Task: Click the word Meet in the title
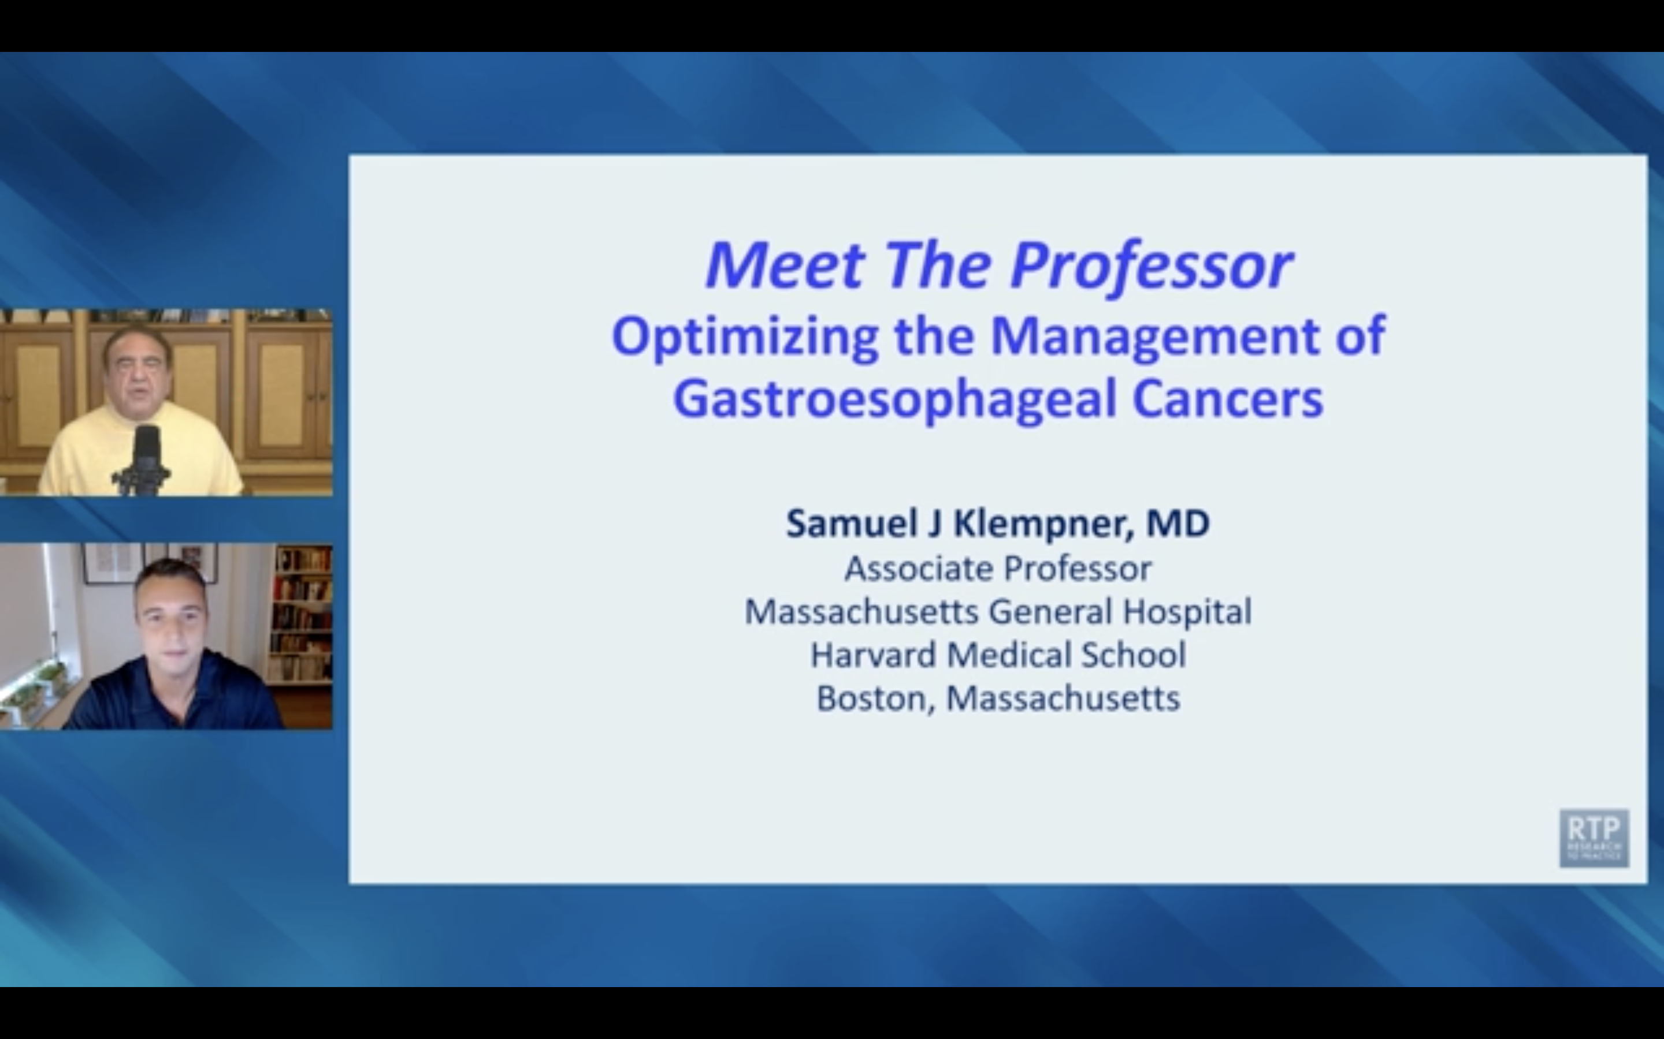point(784,266)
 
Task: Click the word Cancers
point(1227,398)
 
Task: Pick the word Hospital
point(1187,612)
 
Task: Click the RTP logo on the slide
point(1593,838)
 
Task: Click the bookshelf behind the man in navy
point(300,612)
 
